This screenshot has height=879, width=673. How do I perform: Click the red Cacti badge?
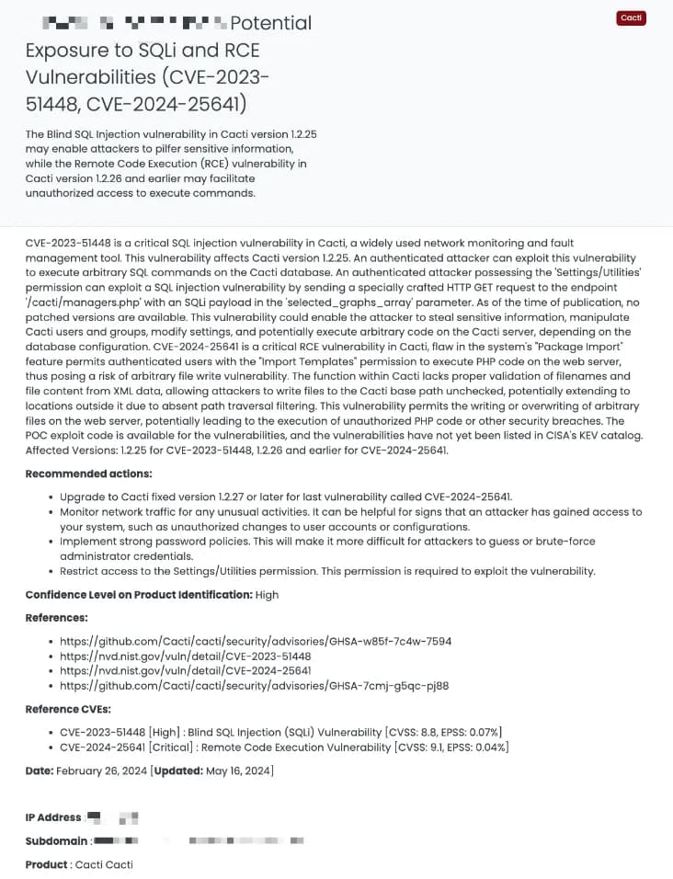coord(632,18)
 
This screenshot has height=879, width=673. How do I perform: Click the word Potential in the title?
coord(270,23)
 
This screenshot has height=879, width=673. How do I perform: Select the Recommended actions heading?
coord(88,474)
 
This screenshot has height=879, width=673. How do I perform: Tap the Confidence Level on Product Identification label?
coord(138,595)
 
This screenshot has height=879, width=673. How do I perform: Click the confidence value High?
coord(267,595)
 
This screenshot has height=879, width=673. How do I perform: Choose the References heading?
coord(57,618)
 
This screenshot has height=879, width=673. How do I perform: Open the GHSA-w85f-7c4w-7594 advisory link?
coord(256,641)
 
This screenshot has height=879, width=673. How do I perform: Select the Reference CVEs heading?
coord(68,709)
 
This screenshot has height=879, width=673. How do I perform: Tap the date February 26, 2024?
coord(101,771)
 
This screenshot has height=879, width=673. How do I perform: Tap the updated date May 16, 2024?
coord(237,771)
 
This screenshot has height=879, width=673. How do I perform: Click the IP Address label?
coord(53,817)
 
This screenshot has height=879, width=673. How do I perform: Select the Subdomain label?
coord(57,840)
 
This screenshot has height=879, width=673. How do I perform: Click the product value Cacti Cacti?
coord(104,864)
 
